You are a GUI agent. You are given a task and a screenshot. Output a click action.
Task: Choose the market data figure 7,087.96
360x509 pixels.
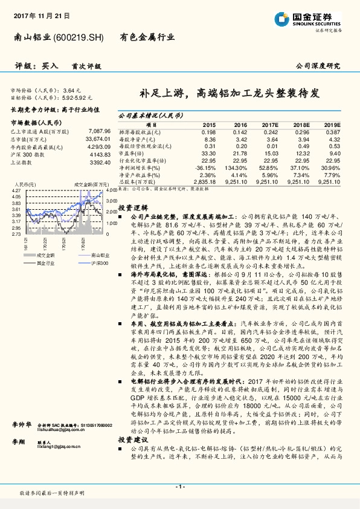click(x=98, y=131)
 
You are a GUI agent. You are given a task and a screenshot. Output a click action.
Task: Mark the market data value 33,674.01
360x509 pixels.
click(x=97, y=138)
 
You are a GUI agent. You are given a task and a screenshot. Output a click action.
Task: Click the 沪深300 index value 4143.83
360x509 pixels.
click(x=98, y=154)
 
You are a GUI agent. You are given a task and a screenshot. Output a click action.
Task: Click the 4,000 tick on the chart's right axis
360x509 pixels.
click(x=111, y=191)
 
